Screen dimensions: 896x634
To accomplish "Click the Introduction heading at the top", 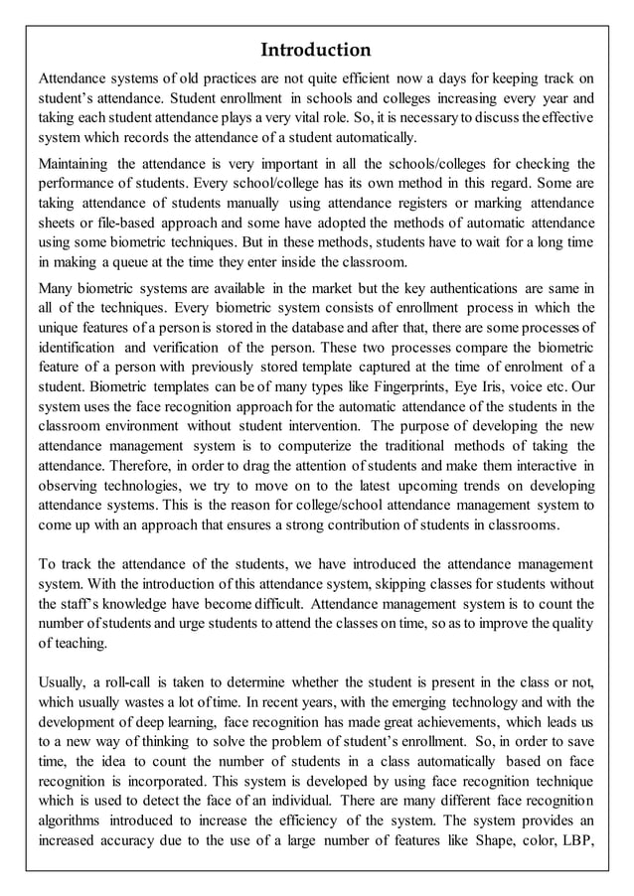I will click(x=316, y=50).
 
